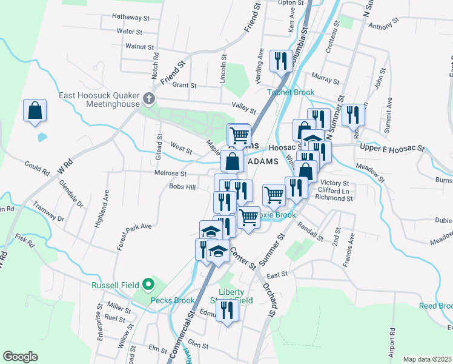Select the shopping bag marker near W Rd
tap(35, 111)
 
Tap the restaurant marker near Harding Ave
tap(280, 61)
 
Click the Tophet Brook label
tap(291, 93)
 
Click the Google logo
tap(20, 357)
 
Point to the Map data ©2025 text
tap(426, 359)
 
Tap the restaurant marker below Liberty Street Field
tap(228, 311)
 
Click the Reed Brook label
tap(435, 306)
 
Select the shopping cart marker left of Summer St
tap(274, 195)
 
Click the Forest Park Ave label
tap(134, 235)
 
